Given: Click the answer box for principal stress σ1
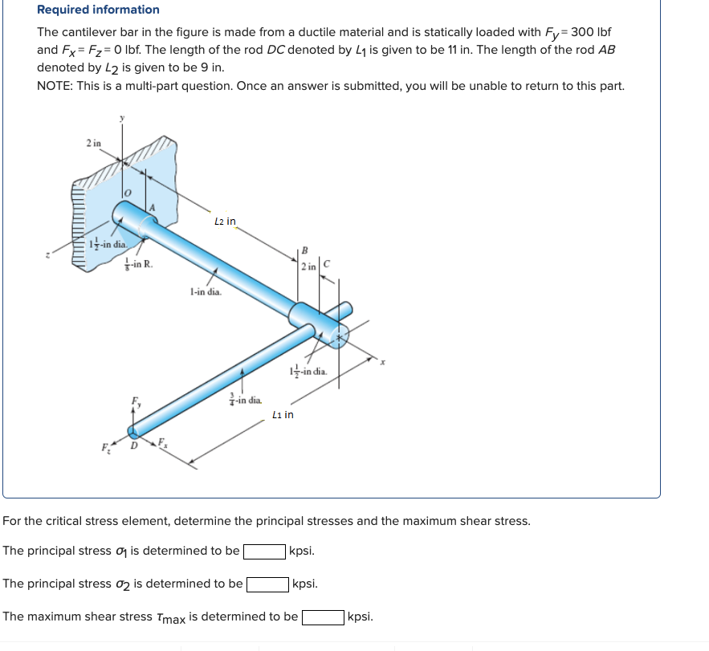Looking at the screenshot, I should pyautogui.click(x=264, y=551).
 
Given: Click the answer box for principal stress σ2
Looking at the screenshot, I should pyautogui.click(x=267, y=584).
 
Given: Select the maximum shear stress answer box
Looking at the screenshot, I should pyautogui.click(x=324, y=617).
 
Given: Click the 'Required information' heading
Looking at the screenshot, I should pyautogui.click(x=98, y=10).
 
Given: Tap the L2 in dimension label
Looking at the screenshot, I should pyautogui.click(x=225, y=221).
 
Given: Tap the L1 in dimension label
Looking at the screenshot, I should pyautogui.click(x=283, y=414).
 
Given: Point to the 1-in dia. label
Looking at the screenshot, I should pyautogui.click(x=206, y=292).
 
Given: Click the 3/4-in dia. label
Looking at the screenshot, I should pyautogui.click(x=245, y=398).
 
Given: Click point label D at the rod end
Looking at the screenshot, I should pyautogui.click(x=134, y=445).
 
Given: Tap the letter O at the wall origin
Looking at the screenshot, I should pyautogui.click(x=126, y=192).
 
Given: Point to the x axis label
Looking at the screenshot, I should pyautogui.click(x=383, y=363).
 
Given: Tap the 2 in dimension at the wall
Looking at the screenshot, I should pyautogui.click(x=93, y=143).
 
